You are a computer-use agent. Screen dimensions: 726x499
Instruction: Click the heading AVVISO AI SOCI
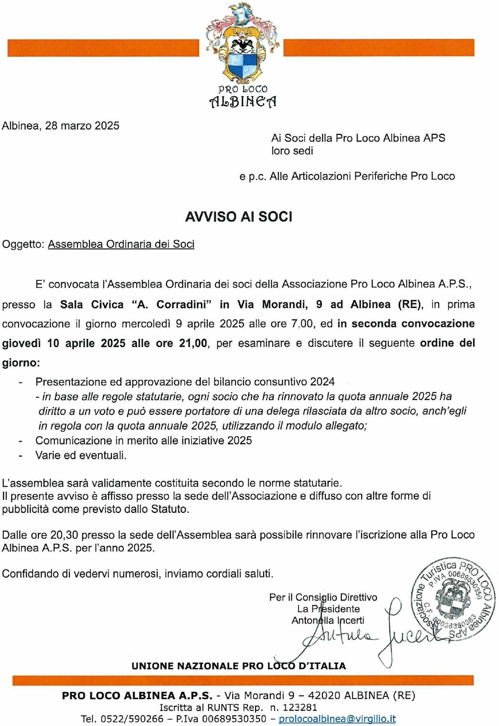[x=239, y=217]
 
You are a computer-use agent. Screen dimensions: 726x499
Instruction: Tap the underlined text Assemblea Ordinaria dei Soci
[x=121, y=244]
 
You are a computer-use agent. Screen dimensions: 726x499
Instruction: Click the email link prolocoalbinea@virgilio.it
[x=337, y=719]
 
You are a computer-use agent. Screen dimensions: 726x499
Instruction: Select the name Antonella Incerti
[x=328, y=621]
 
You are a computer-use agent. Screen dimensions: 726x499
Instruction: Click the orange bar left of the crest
[x=103, y=48]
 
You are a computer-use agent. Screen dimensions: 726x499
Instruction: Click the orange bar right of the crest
[x=379, y=48]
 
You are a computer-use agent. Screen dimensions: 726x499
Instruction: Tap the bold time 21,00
[x=193, y=344]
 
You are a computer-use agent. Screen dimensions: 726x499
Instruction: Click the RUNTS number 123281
[x=299, y=708]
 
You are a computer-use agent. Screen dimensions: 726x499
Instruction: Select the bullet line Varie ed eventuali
[x=81, y=455]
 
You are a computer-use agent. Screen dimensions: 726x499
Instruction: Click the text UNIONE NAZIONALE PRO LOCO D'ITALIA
[x=239, y=666]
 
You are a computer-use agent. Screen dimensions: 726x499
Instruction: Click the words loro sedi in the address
[x=292, y=151]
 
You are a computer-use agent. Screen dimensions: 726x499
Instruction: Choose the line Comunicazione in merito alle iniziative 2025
[x=144, y=441]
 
